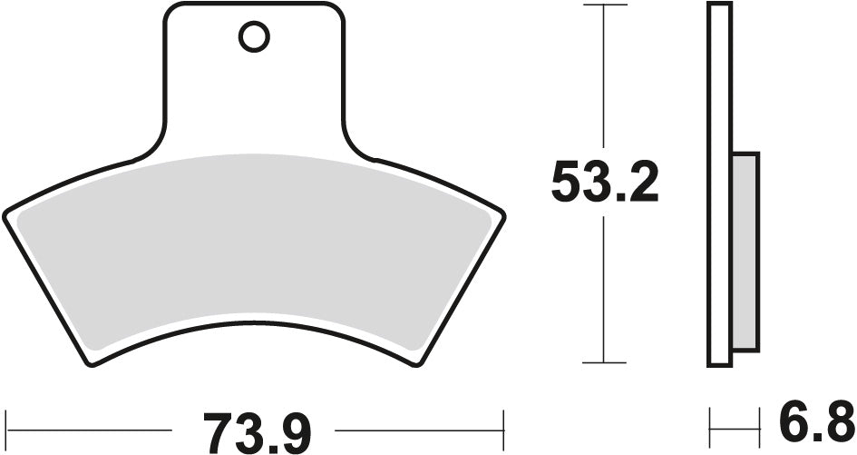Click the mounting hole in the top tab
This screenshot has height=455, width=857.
click(x=254, y=37)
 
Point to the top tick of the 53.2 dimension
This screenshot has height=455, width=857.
click(x=604, y=5)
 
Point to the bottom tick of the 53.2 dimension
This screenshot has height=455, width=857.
click(x=604, y=362)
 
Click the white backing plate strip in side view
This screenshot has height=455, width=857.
click(x=719, y=91)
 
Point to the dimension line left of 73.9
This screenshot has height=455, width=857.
click(x=91, y=425)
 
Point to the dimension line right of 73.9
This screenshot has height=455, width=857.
click(x=417, y=425)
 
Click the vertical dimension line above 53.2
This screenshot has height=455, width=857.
click(x=604, y=82)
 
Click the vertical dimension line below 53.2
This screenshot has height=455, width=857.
click(x=604, y=291)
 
